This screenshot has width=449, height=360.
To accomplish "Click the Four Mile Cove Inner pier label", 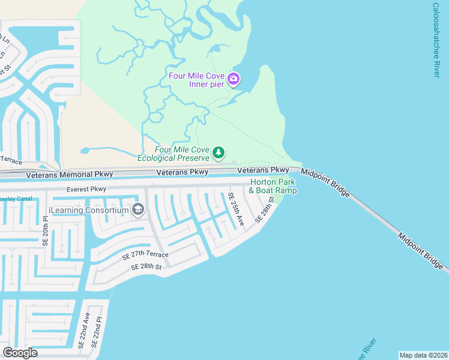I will click(x=196, y=80).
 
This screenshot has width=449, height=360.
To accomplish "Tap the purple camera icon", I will click(x=234, y=79).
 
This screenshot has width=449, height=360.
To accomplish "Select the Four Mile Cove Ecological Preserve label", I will click(x=175, y=154).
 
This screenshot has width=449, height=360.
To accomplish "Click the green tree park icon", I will click(x=220, y=153).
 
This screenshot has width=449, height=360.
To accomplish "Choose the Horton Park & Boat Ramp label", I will click(x=273, y=186).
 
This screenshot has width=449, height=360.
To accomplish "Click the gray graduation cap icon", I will click(x=138, y=209).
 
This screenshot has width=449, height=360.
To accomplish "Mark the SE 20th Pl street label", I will click(x=44, y=231).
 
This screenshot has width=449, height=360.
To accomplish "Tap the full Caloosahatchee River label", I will click(x=436, y=40).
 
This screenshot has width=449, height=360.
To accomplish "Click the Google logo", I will click(x=20, y=352).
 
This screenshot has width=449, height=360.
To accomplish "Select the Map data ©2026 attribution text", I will click(x=423, y=355).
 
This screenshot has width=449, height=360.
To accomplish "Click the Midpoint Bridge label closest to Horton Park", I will click(x=325, y=181).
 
